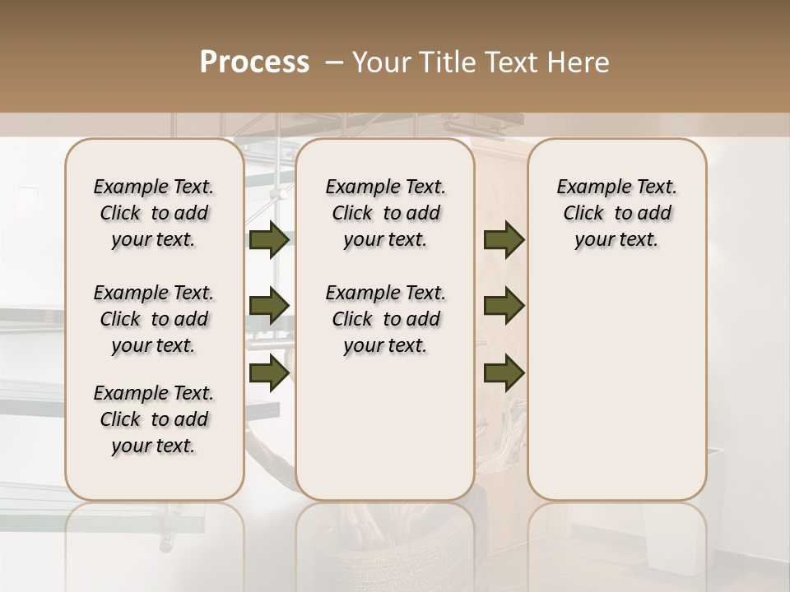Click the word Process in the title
(x=254, y=62)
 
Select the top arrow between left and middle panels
(x=269, y=240)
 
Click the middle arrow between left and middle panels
(x=269, y=306)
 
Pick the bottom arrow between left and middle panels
(x=269, y=372)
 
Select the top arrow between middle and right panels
(x=504, y=240)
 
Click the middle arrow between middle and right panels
(x=504, y=306)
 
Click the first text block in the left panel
(x=154, y=213)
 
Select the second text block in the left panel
(x=154, y=319)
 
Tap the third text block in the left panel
(x=154, y=419)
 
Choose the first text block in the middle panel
(x=386, y=213)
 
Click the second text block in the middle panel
(x=386, y=319)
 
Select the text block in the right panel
(x=617, y=213)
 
